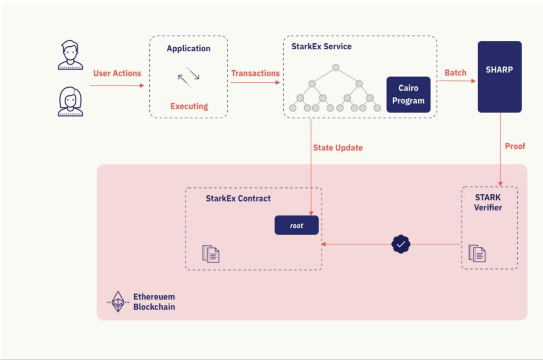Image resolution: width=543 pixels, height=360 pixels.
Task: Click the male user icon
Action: point(70,55)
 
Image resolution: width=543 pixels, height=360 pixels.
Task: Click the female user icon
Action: point(70,102)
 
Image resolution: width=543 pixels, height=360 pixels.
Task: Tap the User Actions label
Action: point(117,73)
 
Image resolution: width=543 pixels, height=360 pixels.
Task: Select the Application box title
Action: point(189,49)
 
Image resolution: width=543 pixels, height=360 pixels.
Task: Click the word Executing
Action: point(189,106)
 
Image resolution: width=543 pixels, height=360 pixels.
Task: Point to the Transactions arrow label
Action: point(255,73)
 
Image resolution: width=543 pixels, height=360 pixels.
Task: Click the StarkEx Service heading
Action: point(322,46)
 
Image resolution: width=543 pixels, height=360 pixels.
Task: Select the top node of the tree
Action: point(336,67)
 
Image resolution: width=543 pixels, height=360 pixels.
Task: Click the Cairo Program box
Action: point(408,94)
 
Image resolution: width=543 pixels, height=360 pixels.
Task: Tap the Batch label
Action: point(456,73)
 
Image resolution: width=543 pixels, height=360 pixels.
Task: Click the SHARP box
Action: point(499,76)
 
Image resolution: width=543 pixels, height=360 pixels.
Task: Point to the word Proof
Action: point(515,146)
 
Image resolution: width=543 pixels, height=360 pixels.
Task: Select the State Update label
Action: point(338,148)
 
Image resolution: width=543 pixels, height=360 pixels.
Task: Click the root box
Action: point(297,225)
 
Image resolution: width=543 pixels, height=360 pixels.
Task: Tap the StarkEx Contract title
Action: point(238,199)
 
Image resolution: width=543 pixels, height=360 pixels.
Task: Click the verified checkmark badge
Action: point(401,244)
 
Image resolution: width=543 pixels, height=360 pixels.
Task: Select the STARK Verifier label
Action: point(488,202)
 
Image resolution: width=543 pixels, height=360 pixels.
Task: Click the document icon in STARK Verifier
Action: point(477,253)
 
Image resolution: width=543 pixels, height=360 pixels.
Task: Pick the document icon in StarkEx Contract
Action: point(211,254)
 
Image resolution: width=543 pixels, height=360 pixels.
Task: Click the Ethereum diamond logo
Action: point(118,301)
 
